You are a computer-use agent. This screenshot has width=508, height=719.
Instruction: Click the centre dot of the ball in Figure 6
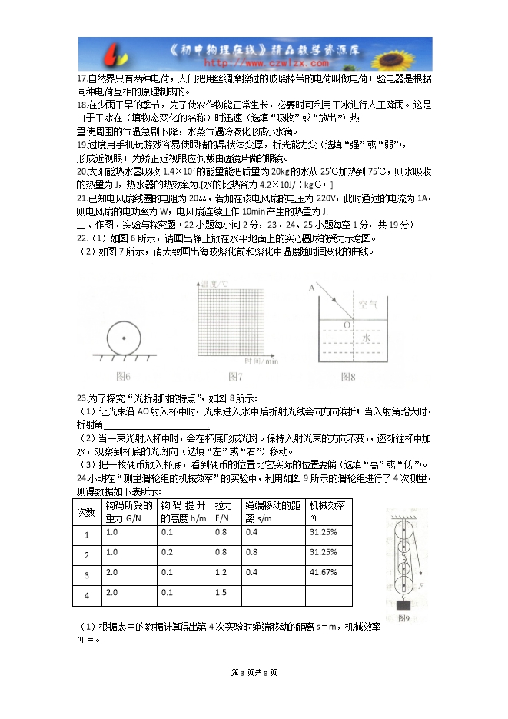tap(121, 336)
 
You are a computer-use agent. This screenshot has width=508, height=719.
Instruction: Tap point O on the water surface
tap(347, 325)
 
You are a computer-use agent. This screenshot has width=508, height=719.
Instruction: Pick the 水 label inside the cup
tap(367, 337)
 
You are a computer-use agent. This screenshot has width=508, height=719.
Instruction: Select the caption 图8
tap(349, 376)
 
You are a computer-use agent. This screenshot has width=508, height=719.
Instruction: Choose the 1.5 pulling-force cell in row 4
tap(221, 592)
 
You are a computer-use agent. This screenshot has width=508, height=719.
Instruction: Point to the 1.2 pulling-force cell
tap(221, 572)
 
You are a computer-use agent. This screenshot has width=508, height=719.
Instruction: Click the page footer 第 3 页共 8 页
tap(254, 673)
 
